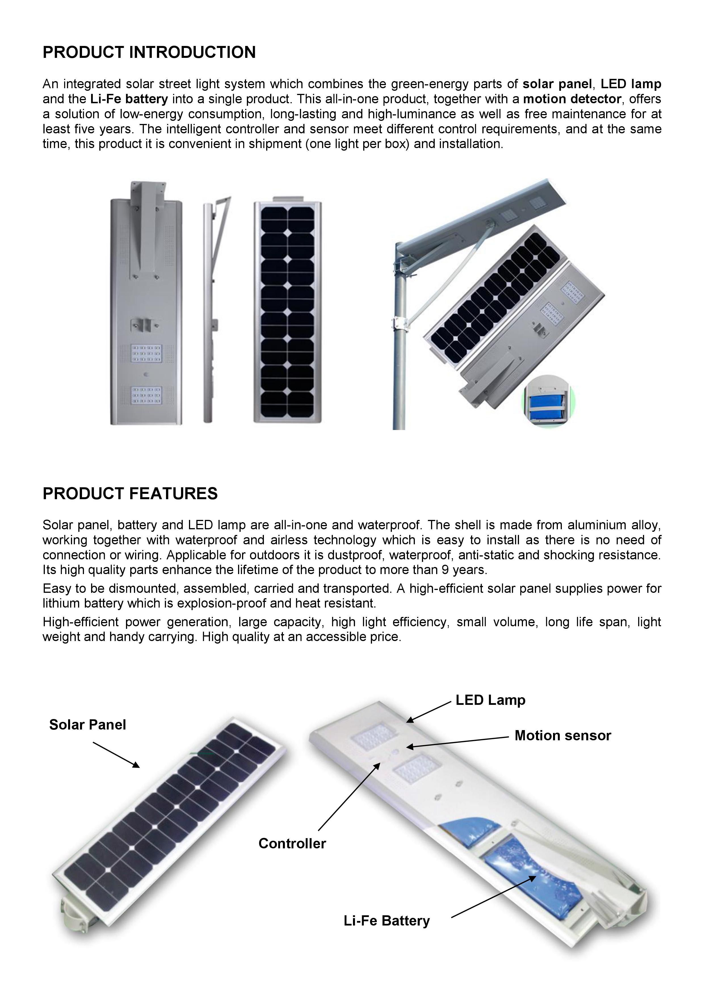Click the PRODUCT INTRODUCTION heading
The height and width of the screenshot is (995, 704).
(x=149, y=52)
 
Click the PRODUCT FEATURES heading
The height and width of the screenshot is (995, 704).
(x=130, y=494)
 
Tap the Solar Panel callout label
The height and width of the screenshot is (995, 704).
(x=88, y=725)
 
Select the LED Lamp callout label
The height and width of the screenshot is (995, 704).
(x=490, y=700)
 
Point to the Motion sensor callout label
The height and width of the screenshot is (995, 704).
(x=562, y=735)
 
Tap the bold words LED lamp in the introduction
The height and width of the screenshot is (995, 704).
(x=631, y=84)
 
